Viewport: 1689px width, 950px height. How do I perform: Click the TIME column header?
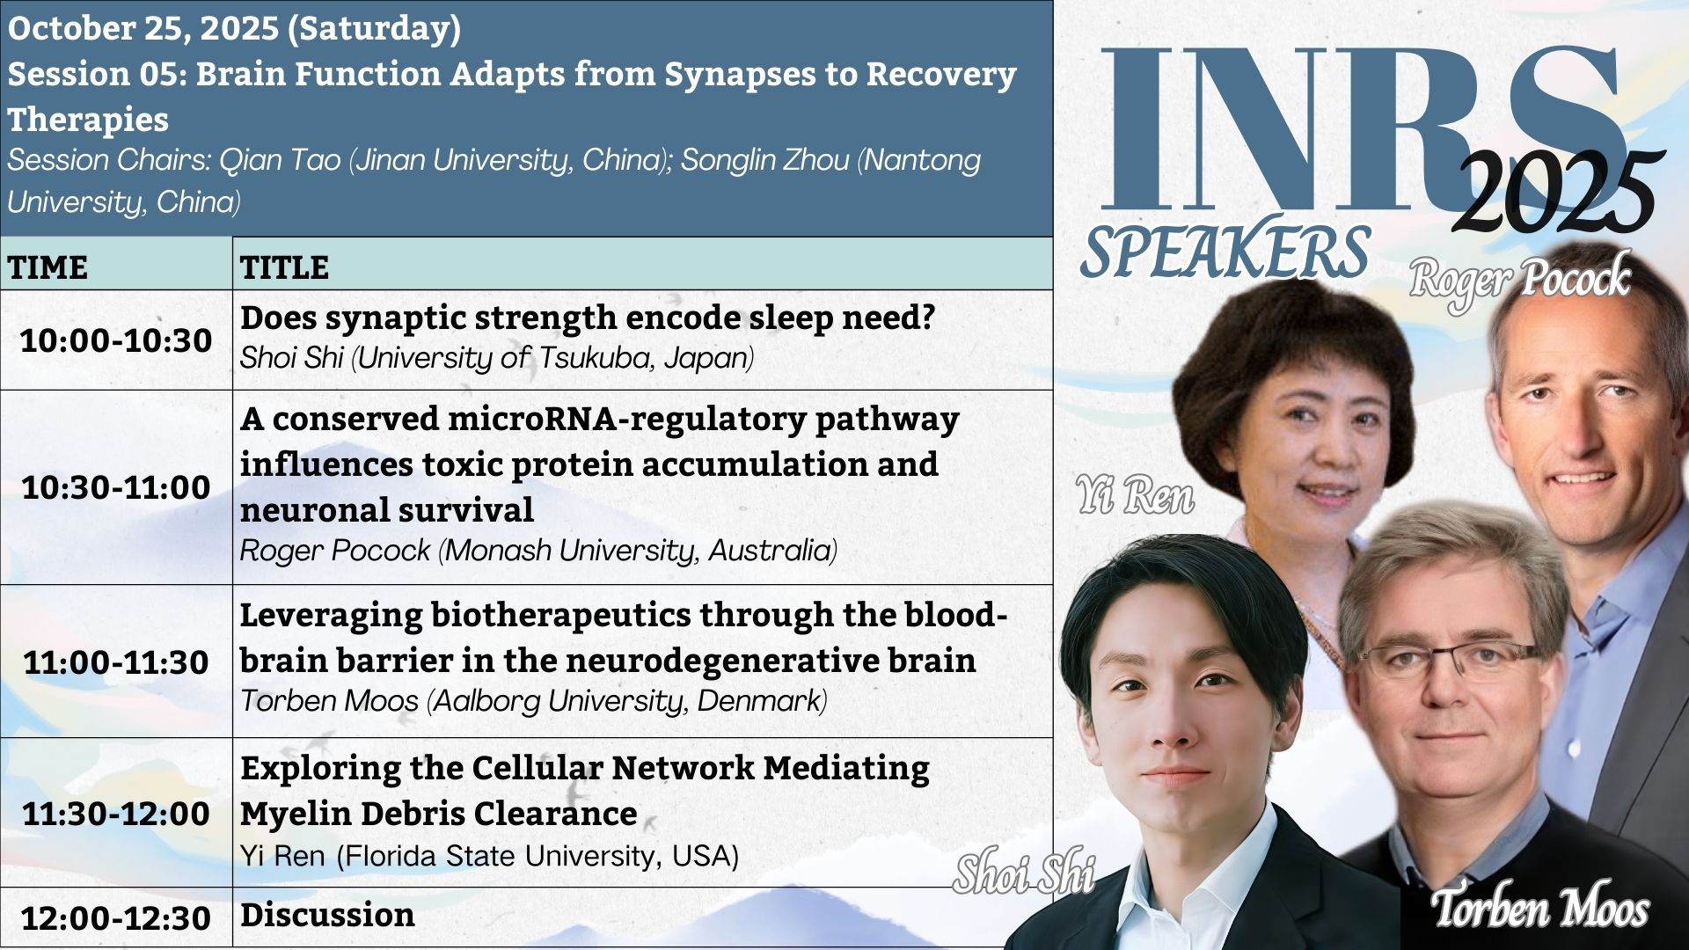pyautogui.click(x=48, y=267)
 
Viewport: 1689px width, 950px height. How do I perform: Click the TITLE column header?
pyautogui.click(x=284, y=267)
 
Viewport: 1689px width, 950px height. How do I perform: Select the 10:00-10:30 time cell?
pyautogui.click(x=116, y=340)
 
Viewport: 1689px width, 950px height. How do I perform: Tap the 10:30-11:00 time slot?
pyautogui.click(x=116, y=487)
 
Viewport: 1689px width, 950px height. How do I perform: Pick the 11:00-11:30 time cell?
pyautogui.click(x=116, y=662)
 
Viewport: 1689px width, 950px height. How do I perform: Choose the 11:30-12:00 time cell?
pyautogui.click(x=116, y=814)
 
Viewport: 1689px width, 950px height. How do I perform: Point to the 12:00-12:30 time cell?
pyautogui.click(x=116, y=918)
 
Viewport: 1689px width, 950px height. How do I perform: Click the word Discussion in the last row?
pyautogui.click(x=327, y=915)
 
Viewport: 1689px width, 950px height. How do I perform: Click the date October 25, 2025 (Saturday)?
pyautogui.click(x=234, y=28)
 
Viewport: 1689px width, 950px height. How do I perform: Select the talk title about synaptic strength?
pyautogui.click(x=588, y=318)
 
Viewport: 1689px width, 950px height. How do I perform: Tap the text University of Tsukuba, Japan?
pyautogui.click(x=556, y=358)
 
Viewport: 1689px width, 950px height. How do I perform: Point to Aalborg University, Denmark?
pyautogui.click(x=630, y=701)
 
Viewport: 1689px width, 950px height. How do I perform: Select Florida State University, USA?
pyautogui.click(x=537, y=856)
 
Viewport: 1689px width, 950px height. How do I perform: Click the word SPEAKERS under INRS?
pyautogui.click(x=1225, y=252)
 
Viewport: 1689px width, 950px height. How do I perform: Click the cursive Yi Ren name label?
pyautogui.click(x=1136, y=494)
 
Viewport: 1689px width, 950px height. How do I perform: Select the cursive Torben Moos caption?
pyautogui.click(x=1540, y=907)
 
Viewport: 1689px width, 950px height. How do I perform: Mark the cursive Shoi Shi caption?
pyautogui.click(x=1024, y=873)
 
